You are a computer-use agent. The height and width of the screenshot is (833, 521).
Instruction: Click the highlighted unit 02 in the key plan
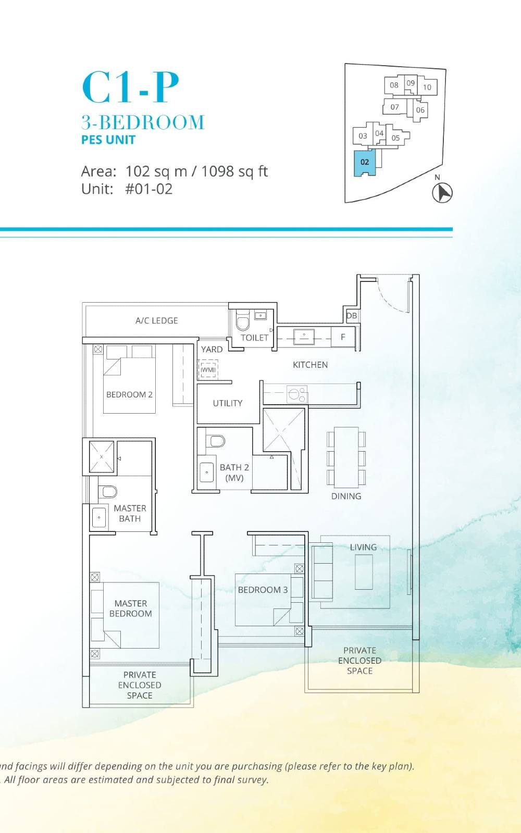[365, 163]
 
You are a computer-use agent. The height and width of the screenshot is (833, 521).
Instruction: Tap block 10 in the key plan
[427, 87]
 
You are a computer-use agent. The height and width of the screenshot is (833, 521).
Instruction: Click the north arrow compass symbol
[442, 193]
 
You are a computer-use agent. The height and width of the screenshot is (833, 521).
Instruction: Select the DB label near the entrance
[352, 316]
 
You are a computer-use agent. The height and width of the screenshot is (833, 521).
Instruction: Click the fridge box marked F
[343, 337]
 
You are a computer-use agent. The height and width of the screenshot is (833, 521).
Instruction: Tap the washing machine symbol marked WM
[208, 369]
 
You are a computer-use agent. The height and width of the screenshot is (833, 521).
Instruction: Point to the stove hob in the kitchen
[297, 394]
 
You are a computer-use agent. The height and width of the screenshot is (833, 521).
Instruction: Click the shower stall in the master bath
[102, 457]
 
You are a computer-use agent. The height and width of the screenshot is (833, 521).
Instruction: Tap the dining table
[346, 457]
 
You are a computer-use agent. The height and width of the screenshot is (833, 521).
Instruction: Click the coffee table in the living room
[364, 571]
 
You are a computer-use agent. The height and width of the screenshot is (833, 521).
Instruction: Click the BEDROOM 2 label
[129, 394]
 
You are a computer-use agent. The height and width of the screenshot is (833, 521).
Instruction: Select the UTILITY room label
[228, 403]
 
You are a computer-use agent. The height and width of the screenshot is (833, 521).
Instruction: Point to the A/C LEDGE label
[156, 320]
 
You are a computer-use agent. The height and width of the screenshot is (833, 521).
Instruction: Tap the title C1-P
[130, 88]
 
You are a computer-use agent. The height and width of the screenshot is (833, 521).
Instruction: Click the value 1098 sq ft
[234, 171]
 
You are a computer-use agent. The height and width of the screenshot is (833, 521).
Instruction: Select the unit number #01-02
[149, 189]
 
